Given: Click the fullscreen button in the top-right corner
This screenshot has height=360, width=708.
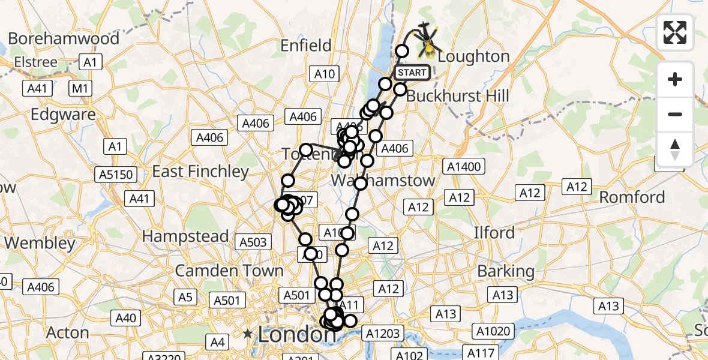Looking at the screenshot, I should click(x=675, y=32).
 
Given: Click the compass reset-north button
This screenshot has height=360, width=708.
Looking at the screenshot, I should click(x=675, y=149).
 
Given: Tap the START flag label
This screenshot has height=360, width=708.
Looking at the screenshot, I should click(x=412, y=73).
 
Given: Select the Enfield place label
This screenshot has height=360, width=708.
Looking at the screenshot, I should click(x=307, y=46).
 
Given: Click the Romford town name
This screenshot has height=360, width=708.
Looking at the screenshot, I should click(x=632, y=197).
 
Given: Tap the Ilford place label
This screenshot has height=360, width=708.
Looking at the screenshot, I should click(x=494, y=232).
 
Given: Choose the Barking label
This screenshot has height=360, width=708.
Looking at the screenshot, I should click(x=505, y=271).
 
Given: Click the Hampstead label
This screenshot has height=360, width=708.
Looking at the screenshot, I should click(x=185, y=236).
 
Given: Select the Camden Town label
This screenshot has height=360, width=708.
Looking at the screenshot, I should click(x=229, y=271).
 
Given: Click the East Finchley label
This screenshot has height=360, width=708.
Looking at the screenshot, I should click(x=200, y=172).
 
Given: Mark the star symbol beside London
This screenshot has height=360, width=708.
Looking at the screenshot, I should click(x=247, y=333).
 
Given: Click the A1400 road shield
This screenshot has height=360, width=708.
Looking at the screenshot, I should click(x=464, y=166).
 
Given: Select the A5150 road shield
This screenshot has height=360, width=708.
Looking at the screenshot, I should click(x=115, y=175).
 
